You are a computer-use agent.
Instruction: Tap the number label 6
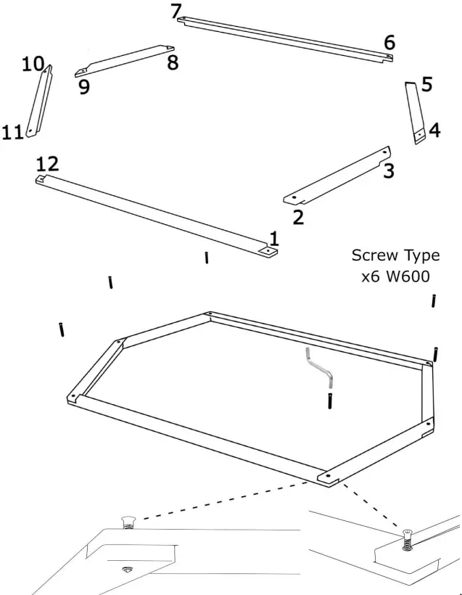[389, 43]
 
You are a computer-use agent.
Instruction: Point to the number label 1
[273, 238]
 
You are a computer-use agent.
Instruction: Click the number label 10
[33, 64]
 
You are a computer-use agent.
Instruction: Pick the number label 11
[12, 132]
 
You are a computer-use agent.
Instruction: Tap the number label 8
[173, 63]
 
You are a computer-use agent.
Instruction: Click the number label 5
[426, 85]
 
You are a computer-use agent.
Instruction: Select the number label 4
[434, 131]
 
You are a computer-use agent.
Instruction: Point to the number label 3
[389, 172]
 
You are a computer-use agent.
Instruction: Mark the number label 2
[298, 216]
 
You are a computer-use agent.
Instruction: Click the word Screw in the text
[374, 256]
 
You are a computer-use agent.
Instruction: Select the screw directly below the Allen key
[330, 401]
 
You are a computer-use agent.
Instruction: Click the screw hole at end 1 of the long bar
[269, 250]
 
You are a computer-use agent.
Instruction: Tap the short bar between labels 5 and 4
[414, 112]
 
